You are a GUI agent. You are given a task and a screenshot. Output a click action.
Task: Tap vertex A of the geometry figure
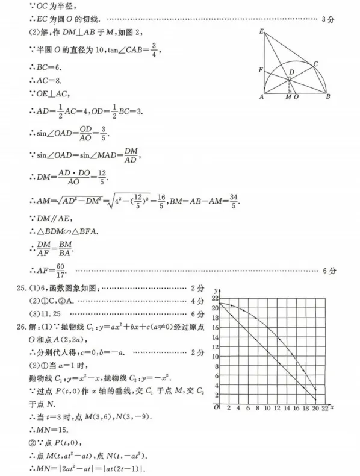(262, 95)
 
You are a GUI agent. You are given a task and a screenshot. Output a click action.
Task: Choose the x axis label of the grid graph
(332, 408)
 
